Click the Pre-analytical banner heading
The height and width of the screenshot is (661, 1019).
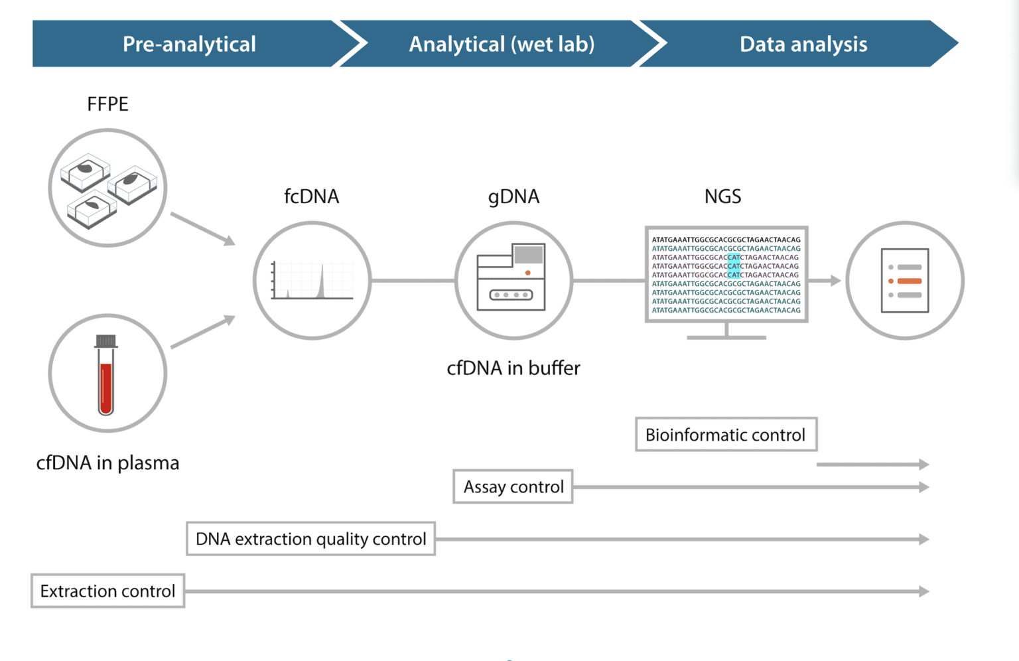189,44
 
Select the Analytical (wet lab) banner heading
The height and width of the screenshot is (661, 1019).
502,44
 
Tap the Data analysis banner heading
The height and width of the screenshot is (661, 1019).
803,44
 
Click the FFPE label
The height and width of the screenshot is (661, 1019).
107,104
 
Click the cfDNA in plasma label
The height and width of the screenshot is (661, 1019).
107,463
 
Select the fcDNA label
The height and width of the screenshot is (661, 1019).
311,196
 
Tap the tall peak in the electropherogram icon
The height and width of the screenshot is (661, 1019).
322,282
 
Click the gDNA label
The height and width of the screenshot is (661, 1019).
513,196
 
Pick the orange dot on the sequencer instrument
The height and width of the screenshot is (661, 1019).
527,273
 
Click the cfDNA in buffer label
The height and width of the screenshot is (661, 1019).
513,368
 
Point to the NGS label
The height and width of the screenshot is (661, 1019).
722,196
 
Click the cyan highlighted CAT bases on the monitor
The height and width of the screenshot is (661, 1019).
734,266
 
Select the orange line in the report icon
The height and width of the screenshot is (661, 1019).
909,281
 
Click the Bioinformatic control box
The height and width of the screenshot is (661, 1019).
726,435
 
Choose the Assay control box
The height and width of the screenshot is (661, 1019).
513,487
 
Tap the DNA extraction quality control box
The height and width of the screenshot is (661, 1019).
310,539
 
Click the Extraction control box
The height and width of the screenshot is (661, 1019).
107,591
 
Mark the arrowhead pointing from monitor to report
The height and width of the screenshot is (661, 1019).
835,281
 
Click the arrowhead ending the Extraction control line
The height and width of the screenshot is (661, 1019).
923,591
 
